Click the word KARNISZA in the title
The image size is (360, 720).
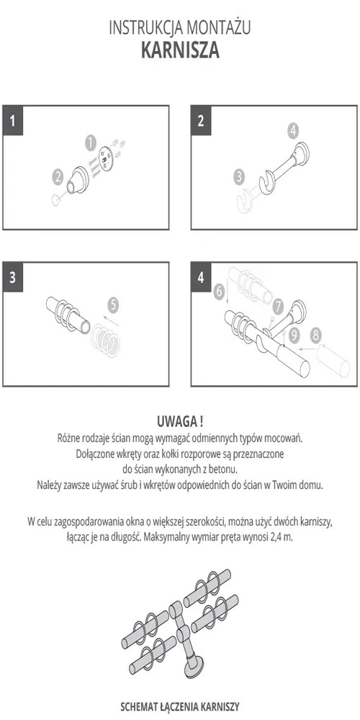point(180,50)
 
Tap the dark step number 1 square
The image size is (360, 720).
point(13,121)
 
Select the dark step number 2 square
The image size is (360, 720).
point(201,121)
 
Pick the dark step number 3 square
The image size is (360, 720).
point(13,278)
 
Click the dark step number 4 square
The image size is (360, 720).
point(201,278)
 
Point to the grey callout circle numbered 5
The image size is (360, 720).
point(114,305)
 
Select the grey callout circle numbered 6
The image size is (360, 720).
point(220,290)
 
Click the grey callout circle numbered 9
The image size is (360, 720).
point(294,336)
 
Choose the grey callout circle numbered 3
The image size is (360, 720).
point(239,177)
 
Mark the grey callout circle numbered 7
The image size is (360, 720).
point(277,306)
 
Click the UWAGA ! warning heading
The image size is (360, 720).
point(180,420)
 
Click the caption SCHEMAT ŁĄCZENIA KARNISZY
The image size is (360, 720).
point(180,706)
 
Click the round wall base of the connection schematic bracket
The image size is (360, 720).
point(196,667)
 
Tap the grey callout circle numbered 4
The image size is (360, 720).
point(293,131)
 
